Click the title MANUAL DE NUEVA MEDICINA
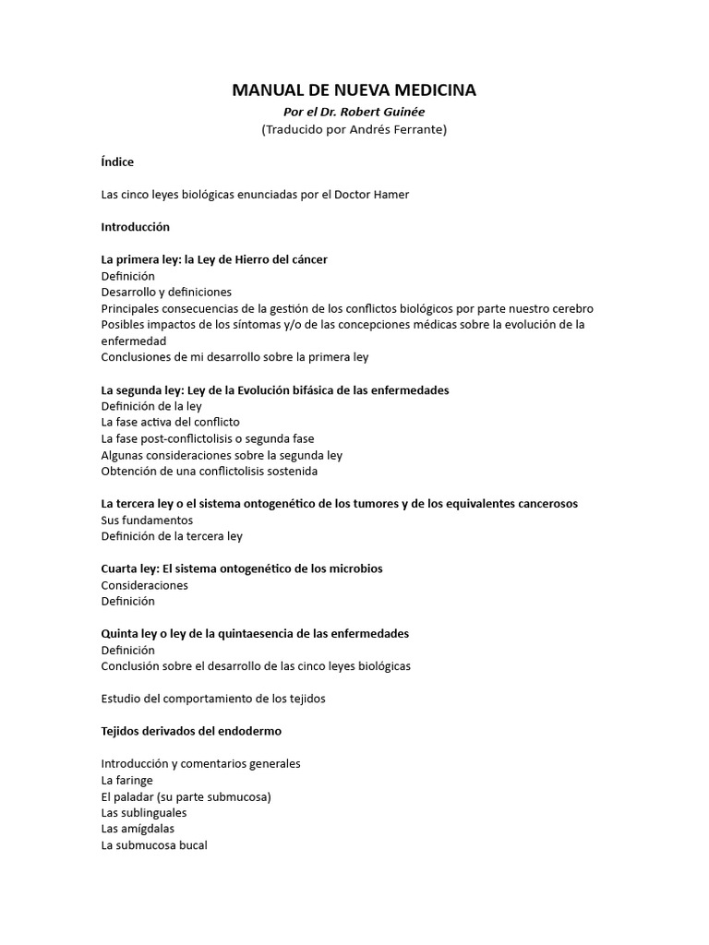[354, 90]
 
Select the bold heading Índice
[117, 162]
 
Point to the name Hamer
[391, 195]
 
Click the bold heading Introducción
[135, 227]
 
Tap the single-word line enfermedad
[133, 341]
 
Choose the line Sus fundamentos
[147, 520]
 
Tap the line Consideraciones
[144, 585]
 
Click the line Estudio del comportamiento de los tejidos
[212, 699]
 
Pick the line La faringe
[127, 780]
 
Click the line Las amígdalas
[138, 829]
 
